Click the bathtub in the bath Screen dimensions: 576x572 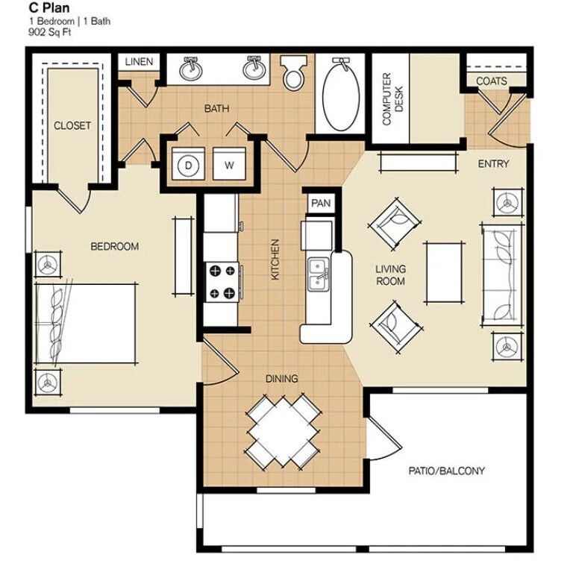(340, 94)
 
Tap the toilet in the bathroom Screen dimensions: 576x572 (293, 72)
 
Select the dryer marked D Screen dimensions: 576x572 (188, 164)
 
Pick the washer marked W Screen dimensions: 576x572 (229, 164)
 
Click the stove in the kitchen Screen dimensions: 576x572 (222, 282)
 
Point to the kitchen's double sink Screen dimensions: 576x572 (319, 274)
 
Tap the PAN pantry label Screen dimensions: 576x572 (321, 203)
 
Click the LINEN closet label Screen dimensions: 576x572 (139, 62)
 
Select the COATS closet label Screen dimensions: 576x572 (492, 81)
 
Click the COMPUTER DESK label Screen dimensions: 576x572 (392, 99)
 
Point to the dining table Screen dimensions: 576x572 (283, 432)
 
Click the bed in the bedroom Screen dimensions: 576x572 (87, 323)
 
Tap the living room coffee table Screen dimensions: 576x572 (444, 273)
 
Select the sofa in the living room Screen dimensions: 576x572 (502, 274)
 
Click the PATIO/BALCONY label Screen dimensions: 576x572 (447, 471)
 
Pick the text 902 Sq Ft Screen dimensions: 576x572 (49, 32)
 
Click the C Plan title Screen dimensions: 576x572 (49, 7)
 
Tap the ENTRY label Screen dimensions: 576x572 (493, 164)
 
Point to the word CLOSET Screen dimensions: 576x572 (72, 125)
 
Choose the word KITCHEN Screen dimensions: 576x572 (275, 260)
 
